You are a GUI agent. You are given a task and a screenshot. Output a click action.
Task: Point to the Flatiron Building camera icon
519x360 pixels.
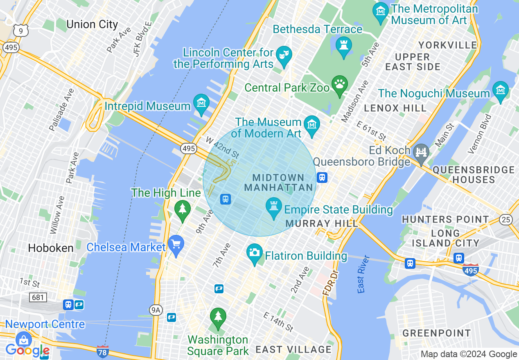tap(255, 253)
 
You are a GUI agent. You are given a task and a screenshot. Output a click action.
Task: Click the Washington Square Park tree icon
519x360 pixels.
tap(218, 317)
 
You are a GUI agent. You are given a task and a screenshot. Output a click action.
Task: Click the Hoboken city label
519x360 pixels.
tap(51, 248)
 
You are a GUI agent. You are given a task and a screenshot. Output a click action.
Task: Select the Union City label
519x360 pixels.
tap(92, 25)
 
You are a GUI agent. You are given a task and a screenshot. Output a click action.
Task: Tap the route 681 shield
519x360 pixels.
tap(38, 297)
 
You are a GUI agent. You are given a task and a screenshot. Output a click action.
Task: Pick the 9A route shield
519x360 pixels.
tap(156, 310)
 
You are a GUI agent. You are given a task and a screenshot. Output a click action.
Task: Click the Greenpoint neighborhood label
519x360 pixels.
tap(437, 333)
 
